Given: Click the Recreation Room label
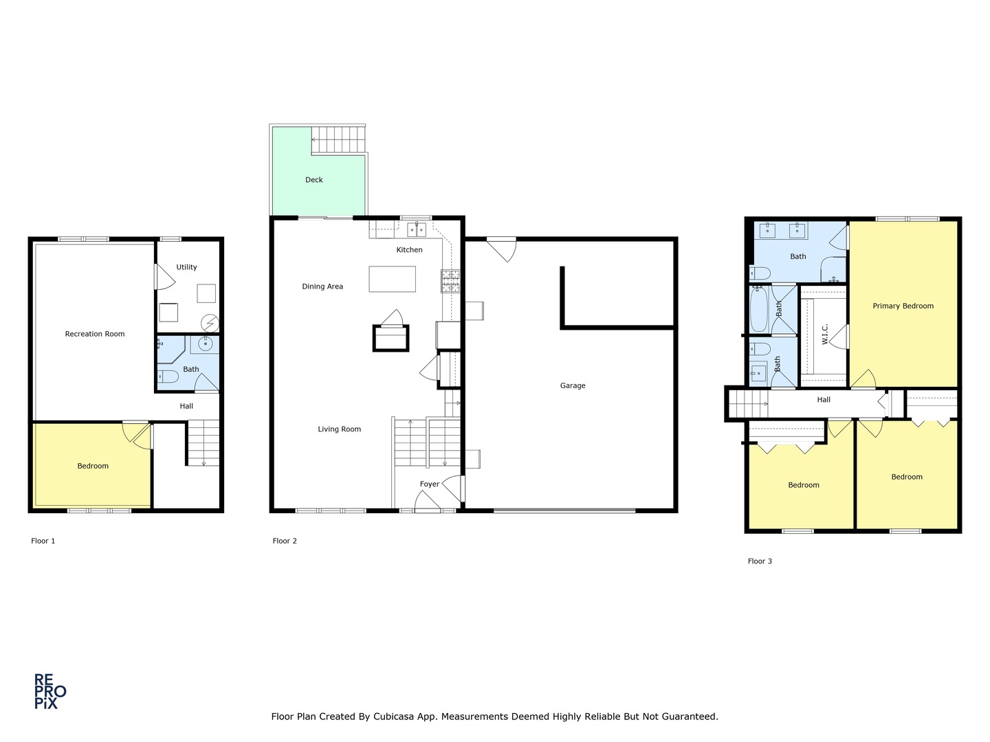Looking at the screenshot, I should tap(95, 334).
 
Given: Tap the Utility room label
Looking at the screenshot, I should tap(186, 267).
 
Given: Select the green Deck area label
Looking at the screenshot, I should tap(314, 180).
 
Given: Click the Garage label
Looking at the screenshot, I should tap(572, 385).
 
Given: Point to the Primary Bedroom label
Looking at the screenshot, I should tap(903, 306).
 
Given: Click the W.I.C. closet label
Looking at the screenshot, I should tap(824, 334).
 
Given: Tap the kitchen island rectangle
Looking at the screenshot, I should tap(392, 279).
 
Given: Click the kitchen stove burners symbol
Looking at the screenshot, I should tap(450, 281).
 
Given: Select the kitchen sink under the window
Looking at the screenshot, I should tap(417, 229).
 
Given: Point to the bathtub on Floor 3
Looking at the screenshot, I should tap(759, 309).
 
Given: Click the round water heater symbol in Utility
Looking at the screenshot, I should tap(209, 322).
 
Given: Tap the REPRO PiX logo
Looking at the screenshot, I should tap(50, 691).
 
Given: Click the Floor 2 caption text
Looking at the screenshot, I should tap(285, 541).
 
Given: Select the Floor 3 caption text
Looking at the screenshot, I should tap(760, 561).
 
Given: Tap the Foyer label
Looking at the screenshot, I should tap(430, 484).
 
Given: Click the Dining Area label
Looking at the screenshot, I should tap(322, 286).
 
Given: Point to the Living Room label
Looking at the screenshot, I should tap(339, 429).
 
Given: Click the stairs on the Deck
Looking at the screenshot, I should tap(338, 140).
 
